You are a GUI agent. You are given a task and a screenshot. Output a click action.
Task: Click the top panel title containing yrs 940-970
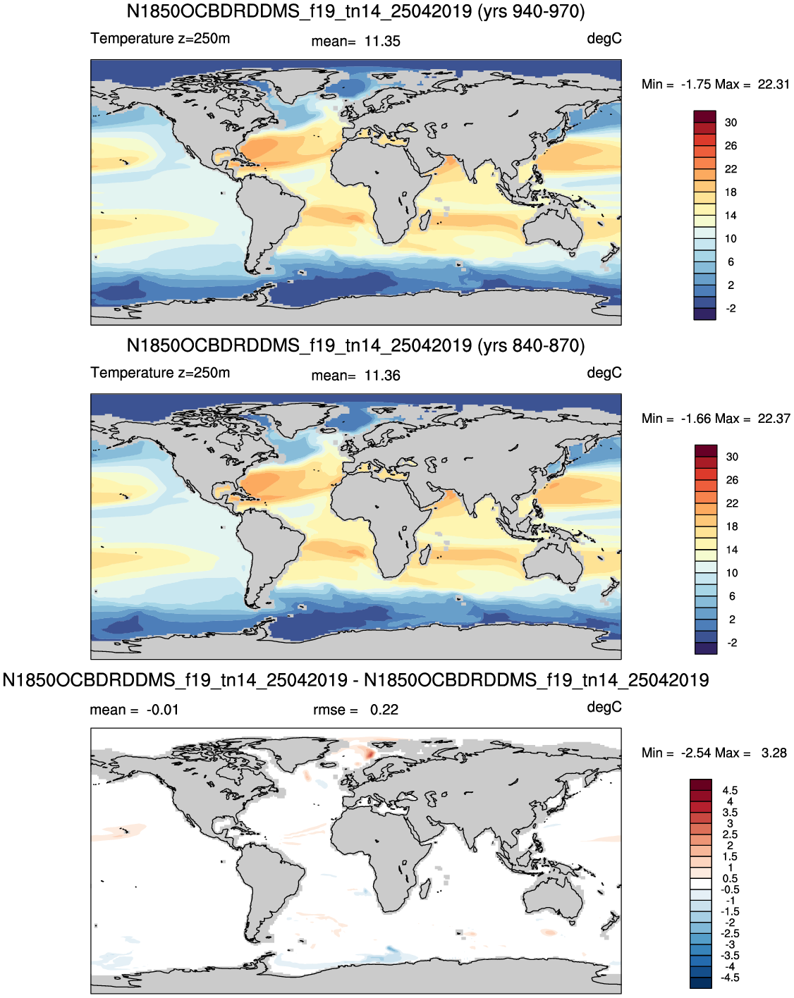tap(355, 11)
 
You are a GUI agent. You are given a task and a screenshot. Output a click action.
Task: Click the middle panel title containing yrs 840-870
tap(355, 345)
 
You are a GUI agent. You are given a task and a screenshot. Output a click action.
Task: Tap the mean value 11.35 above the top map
tap(382, 42)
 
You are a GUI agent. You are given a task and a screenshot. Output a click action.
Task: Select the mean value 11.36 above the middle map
tap(382, 376)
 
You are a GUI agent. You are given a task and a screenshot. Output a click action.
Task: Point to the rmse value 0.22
tap(384, 710)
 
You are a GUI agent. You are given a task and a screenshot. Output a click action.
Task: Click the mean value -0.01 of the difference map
tap(162, 710)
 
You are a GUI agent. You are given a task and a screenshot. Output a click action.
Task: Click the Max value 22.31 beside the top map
tap(774, 85)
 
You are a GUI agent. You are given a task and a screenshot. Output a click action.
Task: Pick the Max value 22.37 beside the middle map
tap(774, 419)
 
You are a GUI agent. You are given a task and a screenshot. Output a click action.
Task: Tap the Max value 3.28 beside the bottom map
tap(774, 753)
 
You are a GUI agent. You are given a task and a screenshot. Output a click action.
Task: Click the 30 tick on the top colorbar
tap(731, 123)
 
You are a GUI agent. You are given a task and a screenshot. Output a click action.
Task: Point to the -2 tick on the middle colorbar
tap(732, 643)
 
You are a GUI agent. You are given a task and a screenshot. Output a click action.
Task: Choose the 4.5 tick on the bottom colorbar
tap(730, 790)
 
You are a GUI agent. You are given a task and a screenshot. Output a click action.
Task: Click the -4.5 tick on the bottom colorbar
tap(730, 978)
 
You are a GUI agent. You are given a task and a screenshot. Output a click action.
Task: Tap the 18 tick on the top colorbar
tap(731, 192)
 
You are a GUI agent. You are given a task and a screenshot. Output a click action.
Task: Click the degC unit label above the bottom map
tap(604, 708)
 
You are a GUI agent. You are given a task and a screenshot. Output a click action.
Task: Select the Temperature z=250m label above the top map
tap(160, 39)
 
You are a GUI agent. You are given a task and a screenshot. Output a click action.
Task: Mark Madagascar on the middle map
tap(425, 555)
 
